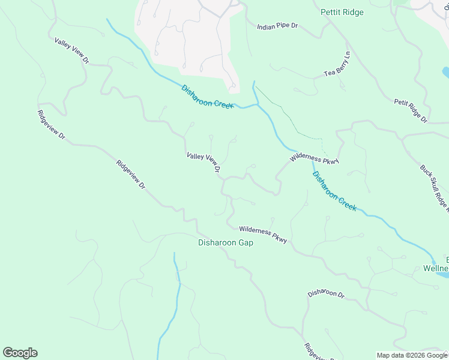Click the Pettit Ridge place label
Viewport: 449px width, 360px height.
[342, 12]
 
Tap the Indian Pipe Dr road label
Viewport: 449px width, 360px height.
[277, 27]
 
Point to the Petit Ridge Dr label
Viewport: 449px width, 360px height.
[411, 111]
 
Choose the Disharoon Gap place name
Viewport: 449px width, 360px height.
[226, 243]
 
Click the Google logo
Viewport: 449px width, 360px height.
[20, 353]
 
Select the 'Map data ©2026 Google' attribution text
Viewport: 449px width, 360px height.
[411, 355]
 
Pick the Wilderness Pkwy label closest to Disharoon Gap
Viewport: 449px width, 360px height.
[263, 234]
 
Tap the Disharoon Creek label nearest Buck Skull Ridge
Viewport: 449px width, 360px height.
[334, 191]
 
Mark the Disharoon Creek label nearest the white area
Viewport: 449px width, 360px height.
[207, 97]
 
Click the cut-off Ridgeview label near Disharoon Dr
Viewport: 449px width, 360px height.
[318, 352]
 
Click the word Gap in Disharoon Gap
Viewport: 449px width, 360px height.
[245, 243]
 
